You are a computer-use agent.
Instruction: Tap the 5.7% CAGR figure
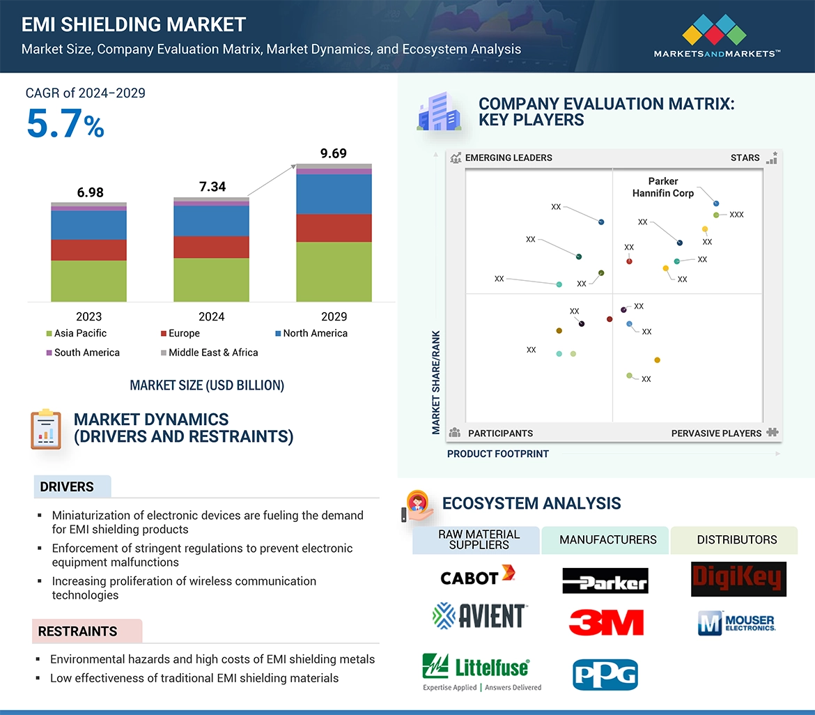pyautogui.click(x=65, y=124)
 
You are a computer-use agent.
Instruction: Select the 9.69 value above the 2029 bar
pyautogui.click(x=333, y=153)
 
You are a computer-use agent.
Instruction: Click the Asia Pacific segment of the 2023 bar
pyautogui.click(x=88, y=281)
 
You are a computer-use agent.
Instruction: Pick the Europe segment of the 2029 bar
pyautogui.click(x=334, y=228)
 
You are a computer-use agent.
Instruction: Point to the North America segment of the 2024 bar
pyautogui.click(x=211, y=221)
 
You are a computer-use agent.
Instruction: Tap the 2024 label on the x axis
pyautogui.click(x=211, y=316)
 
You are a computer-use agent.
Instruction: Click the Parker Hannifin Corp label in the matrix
pyautogui.click(x=663, y=187)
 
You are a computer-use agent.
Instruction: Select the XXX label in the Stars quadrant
pyautogui.click(x=736, y=215)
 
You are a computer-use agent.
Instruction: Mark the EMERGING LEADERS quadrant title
pyautogui.click(x=508, y=157)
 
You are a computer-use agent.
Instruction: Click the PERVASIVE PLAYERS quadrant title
pyautogui.click(x=716, y=433)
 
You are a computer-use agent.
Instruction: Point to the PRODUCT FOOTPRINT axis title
pyautogui.click(x=498, y=454)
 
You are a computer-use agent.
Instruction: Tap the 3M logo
pyautogui.click(x=605, y=622)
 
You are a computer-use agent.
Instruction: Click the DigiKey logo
pyautogui.click(x=738, y=579)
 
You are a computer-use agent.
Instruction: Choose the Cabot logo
pyautogui.click(x=477, y=576)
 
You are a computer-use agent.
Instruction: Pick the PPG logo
pyautogui.click(x=605, y=675)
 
